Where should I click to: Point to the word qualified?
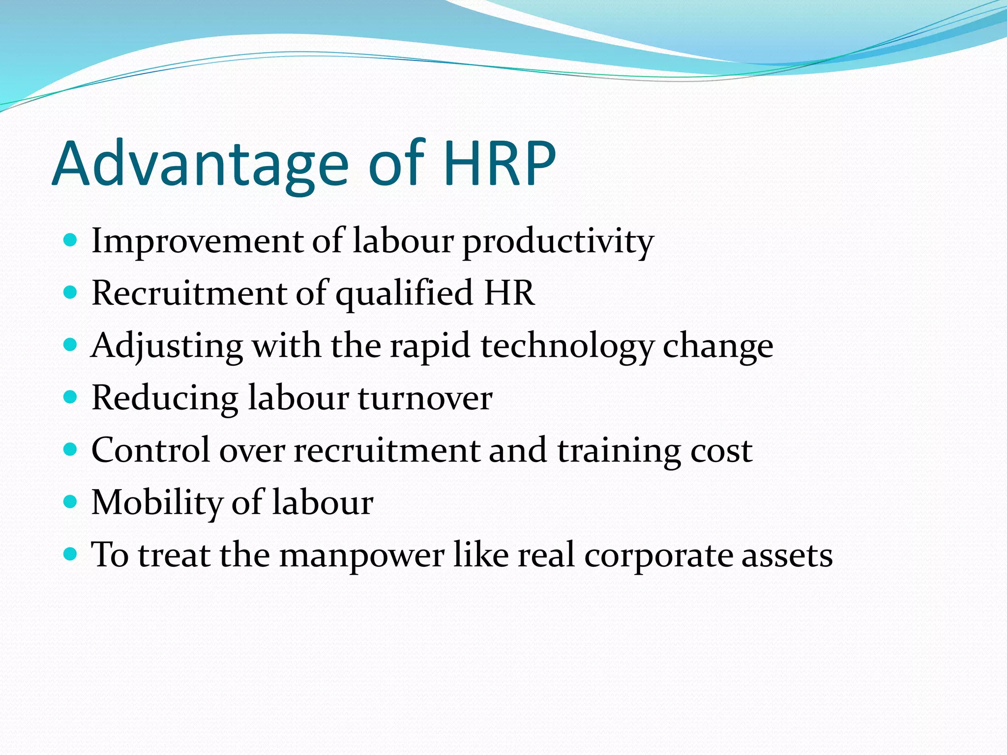pos(404,294)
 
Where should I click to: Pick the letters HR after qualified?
pos(509,293)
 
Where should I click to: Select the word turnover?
pos(425,399)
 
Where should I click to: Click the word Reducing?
pos(165,399)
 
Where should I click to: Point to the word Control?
pos(150,451)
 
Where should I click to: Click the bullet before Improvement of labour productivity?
pos(71,240)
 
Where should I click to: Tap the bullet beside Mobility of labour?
pos(71,502)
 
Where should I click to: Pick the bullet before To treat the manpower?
pos(71,554)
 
